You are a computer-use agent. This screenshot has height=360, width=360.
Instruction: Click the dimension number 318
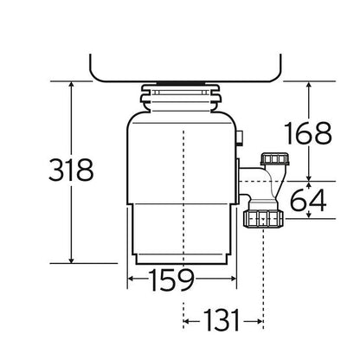coord(71,170)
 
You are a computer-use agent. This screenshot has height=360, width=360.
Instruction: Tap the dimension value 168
coord(308,133)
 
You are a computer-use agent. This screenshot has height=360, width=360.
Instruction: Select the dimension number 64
coord(308,200)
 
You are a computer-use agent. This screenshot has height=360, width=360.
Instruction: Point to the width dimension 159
coord(171,280)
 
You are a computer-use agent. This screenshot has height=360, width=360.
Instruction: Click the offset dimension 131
coord(222,320)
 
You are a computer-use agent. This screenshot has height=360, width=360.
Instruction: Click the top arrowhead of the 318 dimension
coord(71,85)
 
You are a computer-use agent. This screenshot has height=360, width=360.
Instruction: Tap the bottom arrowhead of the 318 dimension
coord(71,260)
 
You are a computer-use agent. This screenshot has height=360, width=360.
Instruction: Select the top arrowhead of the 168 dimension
coord(309,85)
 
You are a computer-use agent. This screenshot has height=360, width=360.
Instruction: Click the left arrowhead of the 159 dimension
coord(131,279)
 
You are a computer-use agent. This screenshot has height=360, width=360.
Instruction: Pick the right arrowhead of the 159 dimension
coord(233,279)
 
